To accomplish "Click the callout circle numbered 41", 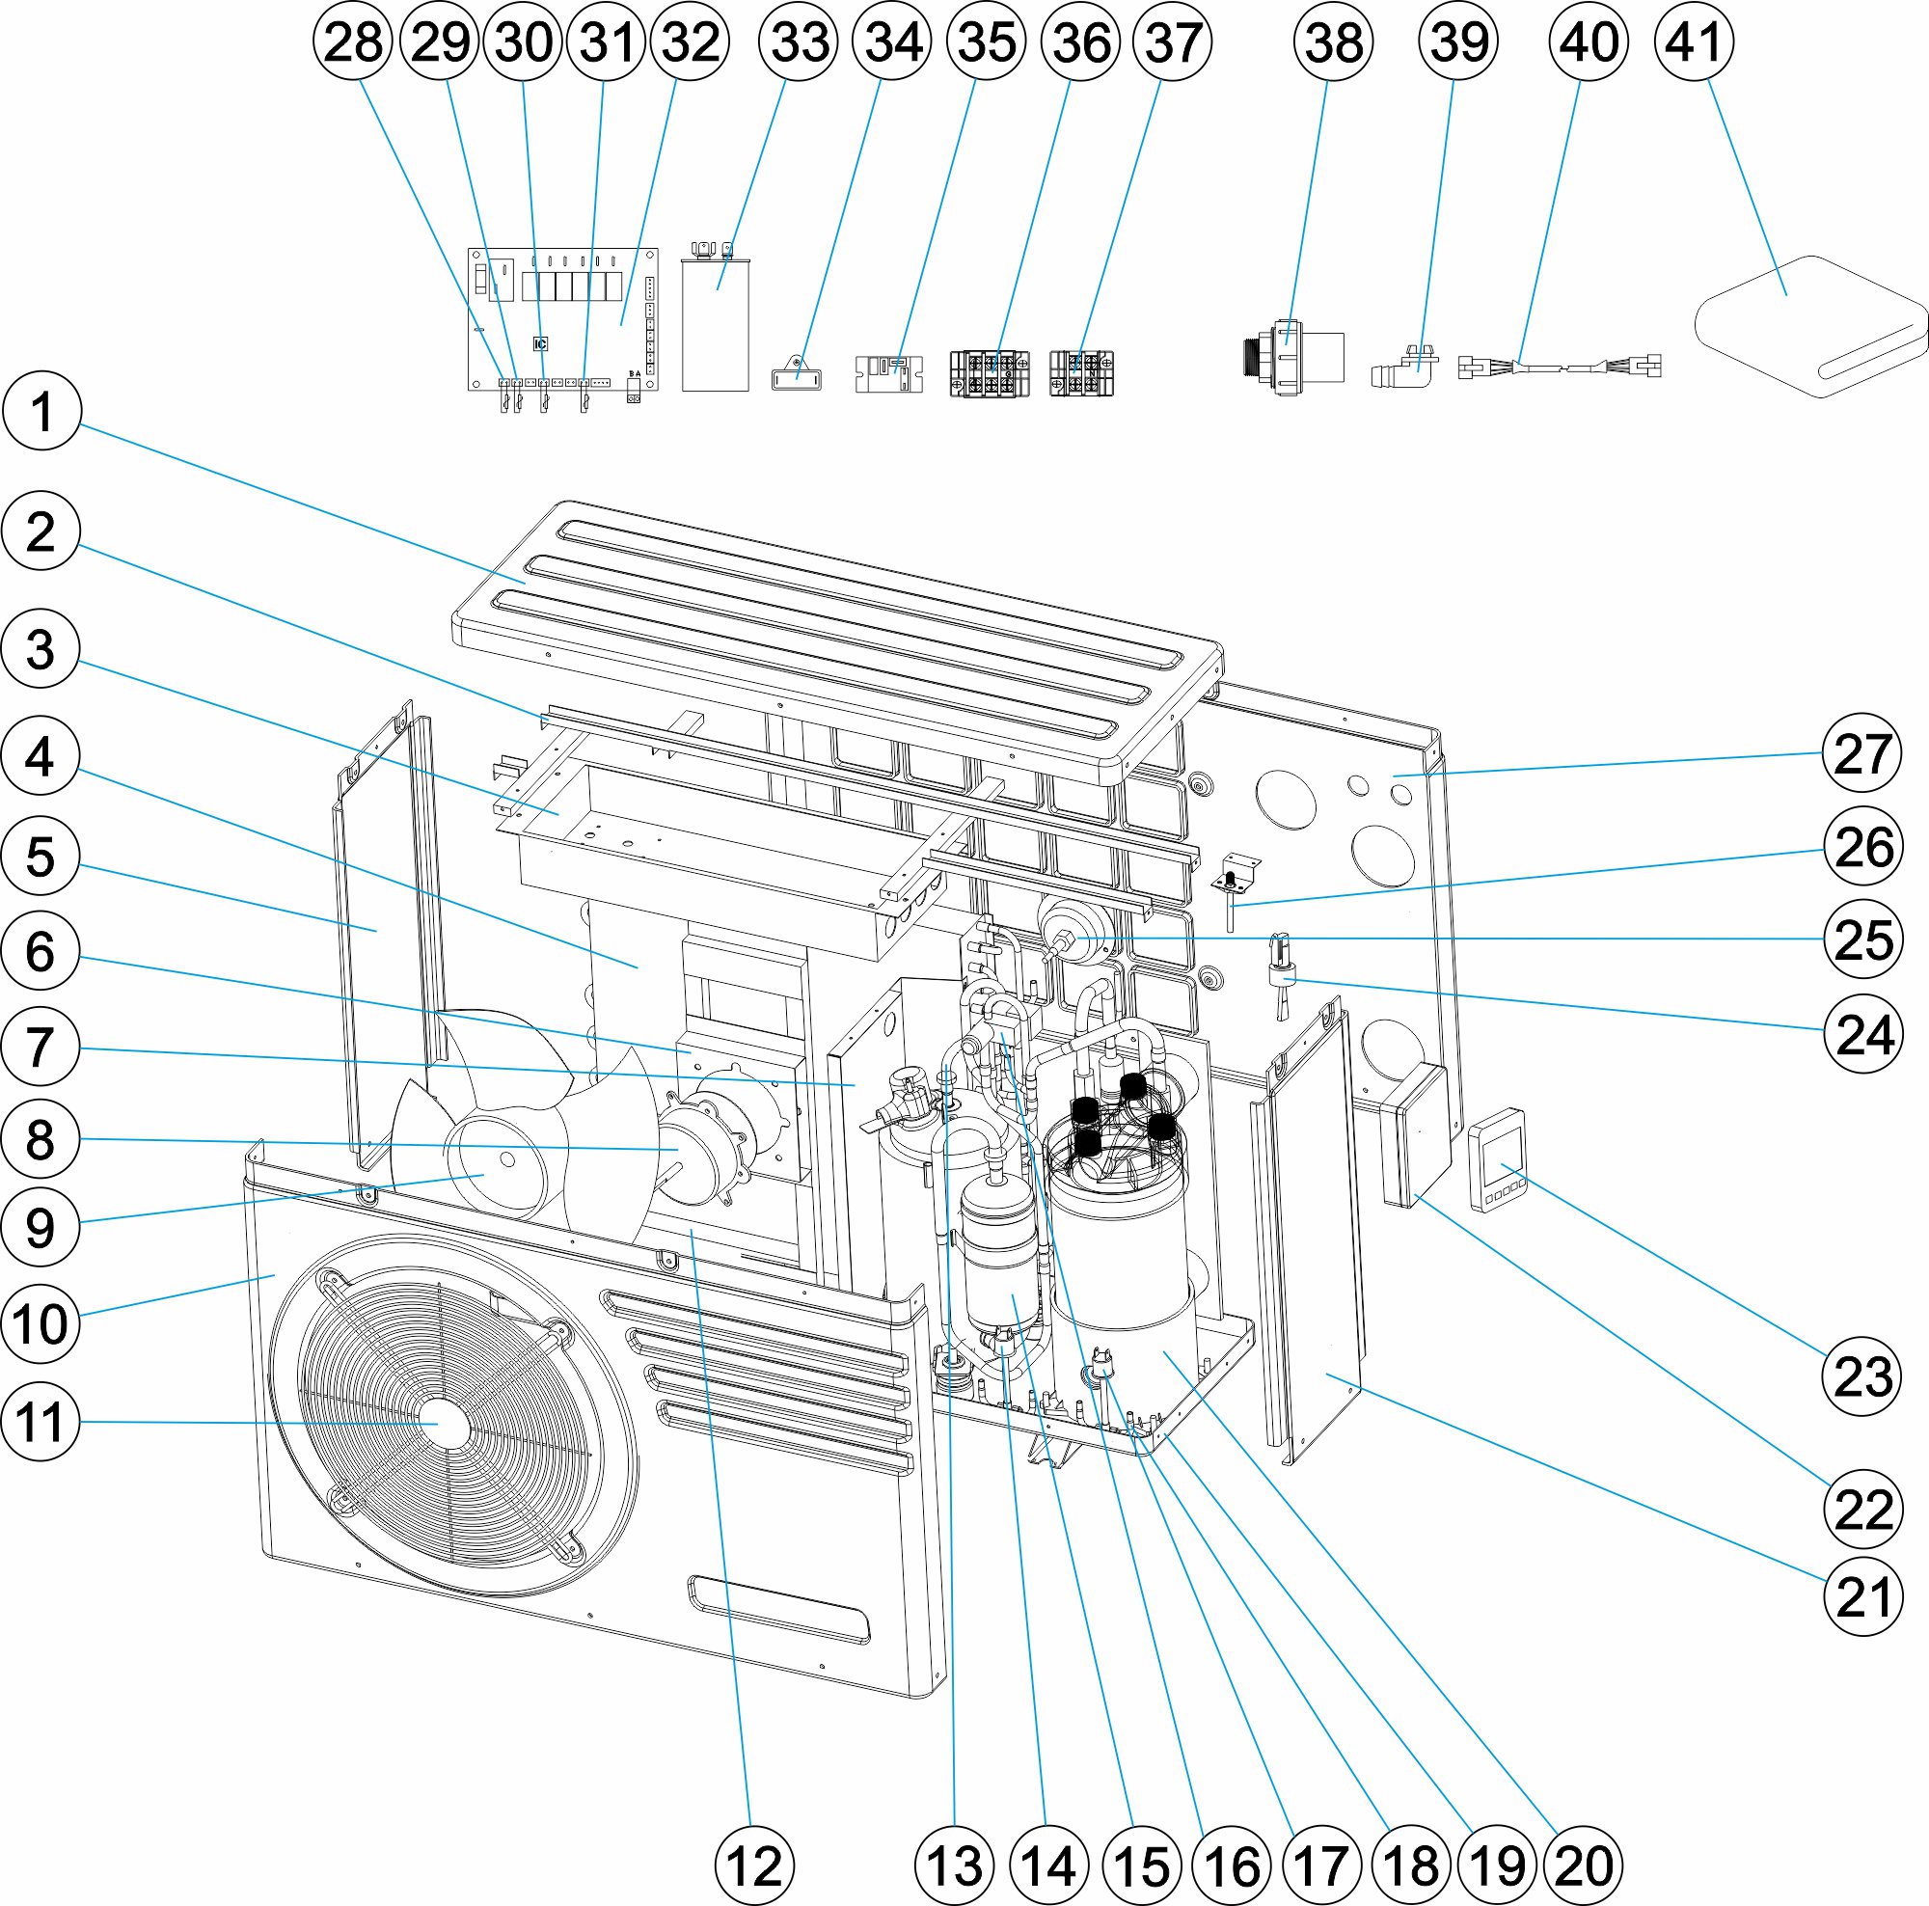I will point(1694,41).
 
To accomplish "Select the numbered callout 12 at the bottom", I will point(755,1865).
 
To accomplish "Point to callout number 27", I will point(1862,752).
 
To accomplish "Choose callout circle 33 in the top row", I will point(799,41).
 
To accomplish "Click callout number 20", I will point(1584,1865).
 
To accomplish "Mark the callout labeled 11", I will point(41,1422).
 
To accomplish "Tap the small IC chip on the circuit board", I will point(540,344).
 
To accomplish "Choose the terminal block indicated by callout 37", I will point(1081,372).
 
